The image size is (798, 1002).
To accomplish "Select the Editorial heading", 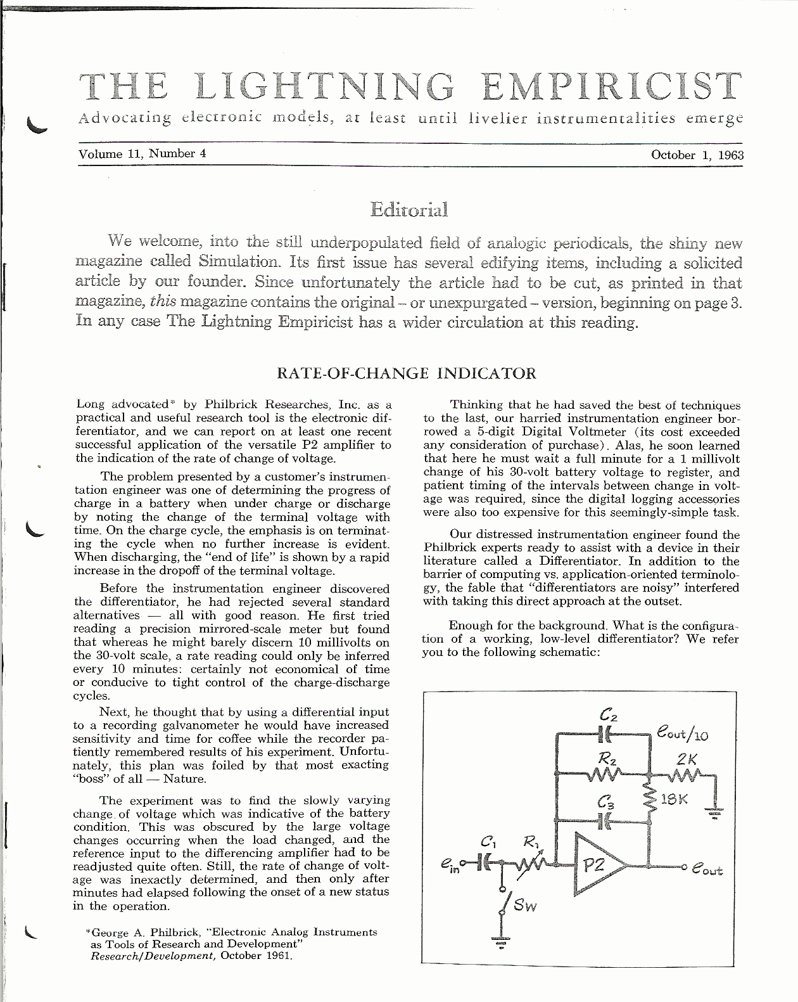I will pyautogui.click(x=408, y=209).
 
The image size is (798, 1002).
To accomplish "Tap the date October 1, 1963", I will pyautogui.click(x=697, y=155).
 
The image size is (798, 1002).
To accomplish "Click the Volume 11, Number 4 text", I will pyautogui.click(x=142, y=154).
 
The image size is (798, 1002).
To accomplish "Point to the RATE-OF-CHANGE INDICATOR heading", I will pyautogui.click(x=407, y=373).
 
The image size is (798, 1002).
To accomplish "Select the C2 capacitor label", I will pyautogui.click(x=608, y=716).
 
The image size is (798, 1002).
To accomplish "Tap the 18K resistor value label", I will pyautogui.click(x=674, y=799).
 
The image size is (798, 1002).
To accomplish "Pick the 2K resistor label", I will pyautogui.click(x=686, y=759).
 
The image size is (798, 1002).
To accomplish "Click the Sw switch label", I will pyautogui.click(x=525, y=905).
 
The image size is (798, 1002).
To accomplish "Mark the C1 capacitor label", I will pyautogui.click(x=488, y=842).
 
